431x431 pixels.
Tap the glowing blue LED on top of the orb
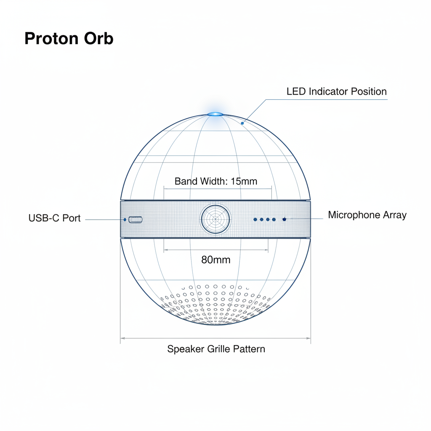pos(215,114)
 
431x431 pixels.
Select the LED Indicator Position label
pos(336,91)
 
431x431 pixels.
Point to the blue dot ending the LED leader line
pos(242,123)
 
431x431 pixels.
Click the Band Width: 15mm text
pos(215,181)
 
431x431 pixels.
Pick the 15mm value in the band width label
pos(244,181)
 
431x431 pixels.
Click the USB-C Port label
pos(54,218)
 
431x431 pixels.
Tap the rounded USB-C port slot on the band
pos(136,219)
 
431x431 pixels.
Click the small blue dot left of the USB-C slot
pos(125,219)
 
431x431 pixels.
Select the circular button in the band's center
pos(215,219)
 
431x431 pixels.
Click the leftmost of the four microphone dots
pos(255,219)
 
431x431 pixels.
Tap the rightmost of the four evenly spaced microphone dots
pos(274,219)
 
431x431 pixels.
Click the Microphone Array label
pos(367,215)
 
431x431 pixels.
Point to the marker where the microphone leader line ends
pos(285,219)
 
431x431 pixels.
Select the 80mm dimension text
pos(215,260)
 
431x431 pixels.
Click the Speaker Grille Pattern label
pos(216,349)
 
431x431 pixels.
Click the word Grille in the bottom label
pos(218,349)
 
